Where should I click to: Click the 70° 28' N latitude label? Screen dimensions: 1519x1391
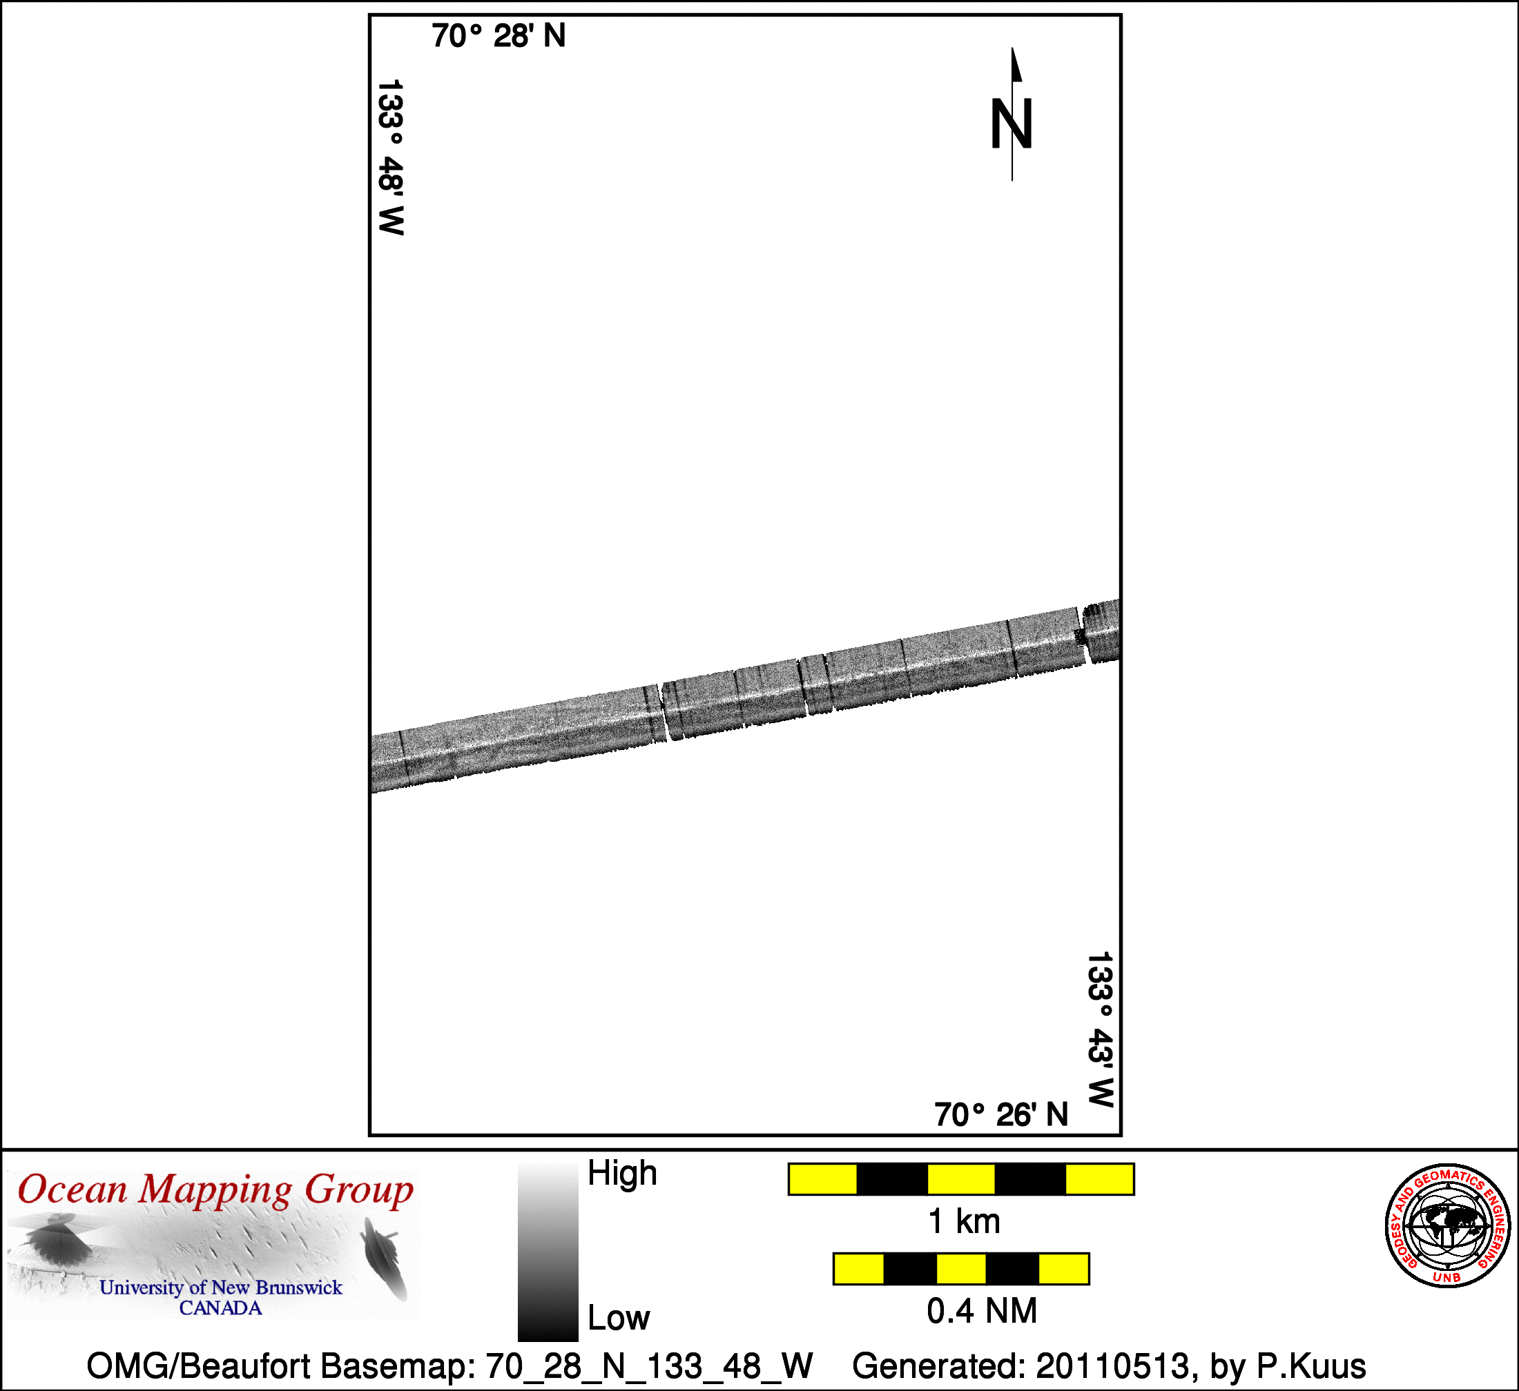[x=498, y=36]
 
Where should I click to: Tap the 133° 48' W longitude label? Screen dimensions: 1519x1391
[x=391, y=157]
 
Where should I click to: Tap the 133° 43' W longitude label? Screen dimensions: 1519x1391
[x=1100, y=1029]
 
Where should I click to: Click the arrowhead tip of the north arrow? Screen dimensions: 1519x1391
[x=1012, y=48]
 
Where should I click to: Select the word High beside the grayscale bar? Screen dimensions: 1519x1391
[x=622, y=1174]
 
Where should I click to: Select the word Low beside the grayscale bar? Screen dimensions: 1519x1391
[x=619, y=1318]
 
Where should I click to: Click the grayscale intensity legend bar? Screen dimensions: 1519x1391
[x=548, y=1251]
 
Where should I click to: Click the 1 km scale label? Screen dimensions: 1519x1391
[x=965, y=1221]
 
